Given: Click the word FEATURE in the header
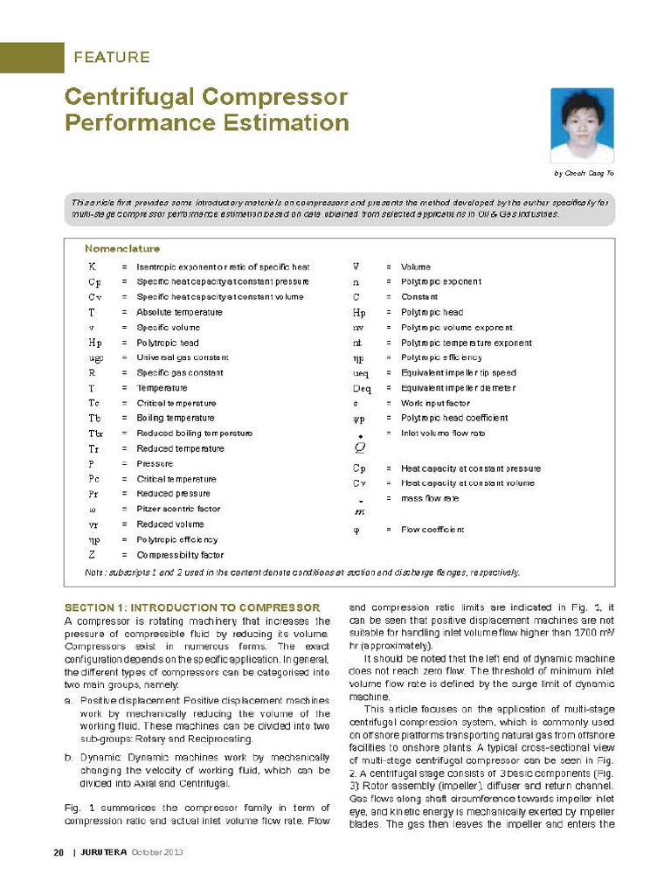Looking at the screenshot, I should pos(112,58).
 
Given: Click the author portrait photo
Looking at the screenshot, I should pos(583,126).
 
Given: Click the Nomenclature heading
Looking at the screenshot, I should pos(122,249).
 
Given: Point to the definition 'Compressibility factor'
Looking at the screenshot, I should pos(180,555).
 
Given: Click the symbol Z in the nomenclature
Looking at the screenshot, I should pos(92,555).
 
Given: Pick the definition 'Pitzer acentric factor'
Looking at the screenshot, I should pos(178,509).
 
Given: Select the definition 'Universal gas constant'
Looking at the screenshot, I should pos(183,357).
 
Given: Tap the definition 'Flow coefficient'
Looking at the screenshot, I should pos(432,530).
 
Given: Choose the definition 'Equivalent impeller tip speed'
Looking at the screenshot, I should pos(458,373).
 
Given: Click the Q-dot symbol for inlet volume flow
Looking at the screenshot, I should pos(359,446).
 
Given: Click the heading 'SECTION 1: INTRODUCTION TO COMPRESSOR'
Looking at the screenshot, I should pos(193,607).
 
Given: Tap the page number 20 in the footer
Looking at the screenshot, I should pos(35,853).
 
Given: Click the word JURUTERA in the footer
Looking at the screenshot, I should pos(104,853).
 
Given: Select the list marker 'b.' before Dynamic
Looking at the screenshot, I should pos(69,758).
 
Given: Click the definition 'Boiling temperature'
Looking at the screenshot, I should pos(176,419).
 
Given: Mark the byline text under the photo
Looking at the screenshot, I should pos(585,174).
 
